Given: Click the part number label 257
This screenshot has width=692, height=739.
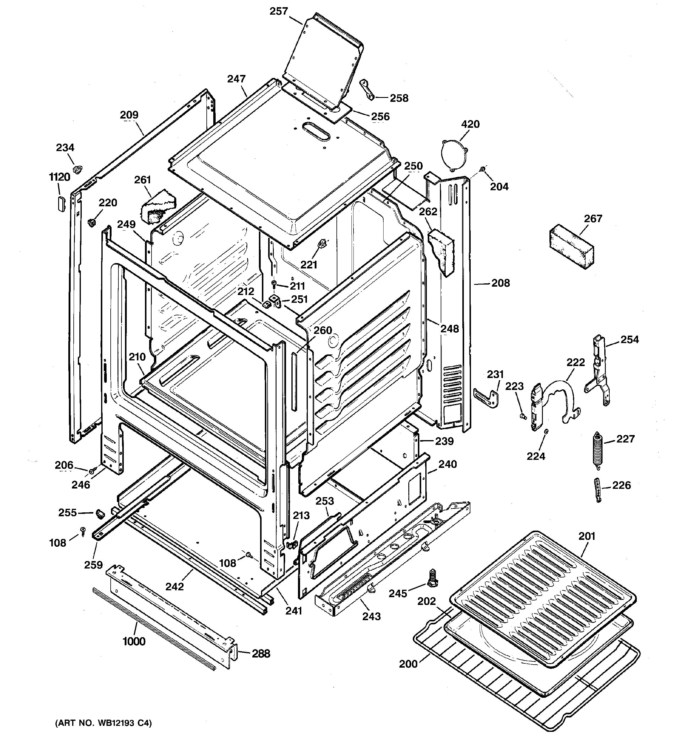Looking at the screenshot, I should [x=279, y=11].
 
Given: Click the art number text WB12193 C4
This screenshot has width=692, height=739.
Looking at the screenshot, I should [x=103, y=723].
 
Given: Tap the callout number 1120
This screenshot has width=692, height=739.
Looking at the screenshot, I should [x=59, y=177].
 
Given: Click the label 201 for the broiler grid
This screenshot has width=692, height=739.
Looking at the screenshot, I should [x=587, y=536].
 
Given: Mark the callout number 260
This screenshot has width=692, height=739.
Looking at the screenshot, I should [x=322, y=330].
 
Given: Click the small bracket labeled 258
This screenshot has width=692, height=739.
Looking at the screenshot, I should [x=367, y=89].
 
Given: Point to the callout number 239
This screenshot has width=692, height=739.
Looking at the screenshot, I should [x=444, y=441].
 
